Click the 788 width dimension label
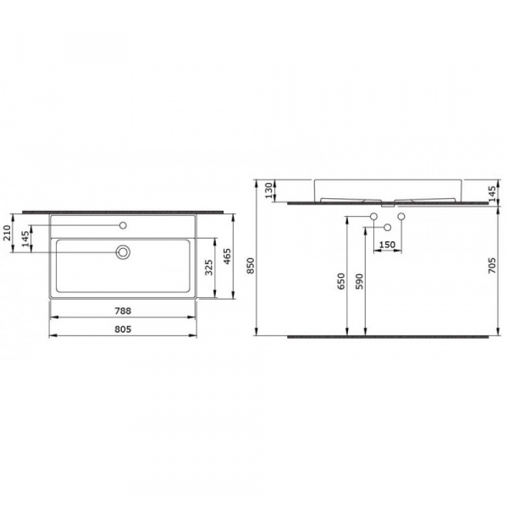123,311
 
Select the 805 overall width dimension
123,329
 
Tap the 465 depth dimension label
227,257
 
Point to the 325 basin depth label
209,268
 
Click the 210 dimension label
7,233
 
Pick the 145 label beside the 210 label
25,239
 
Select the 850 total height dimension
251,266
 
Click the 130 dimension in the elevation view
269,190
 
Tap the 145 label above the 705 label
492,194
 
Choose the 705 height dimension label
492,265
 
